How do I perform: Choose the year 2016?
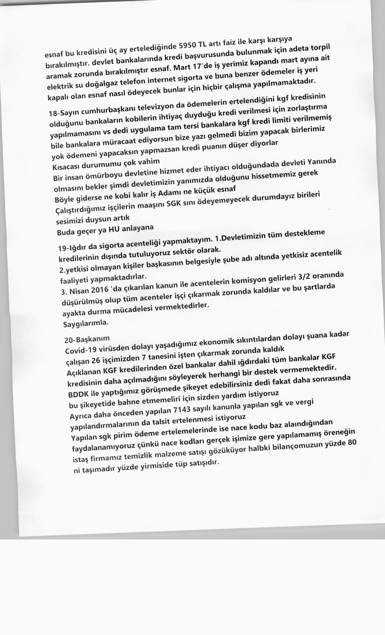(98, 289)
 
